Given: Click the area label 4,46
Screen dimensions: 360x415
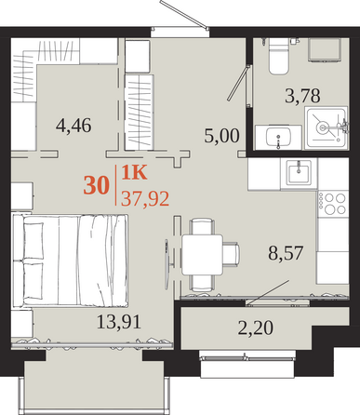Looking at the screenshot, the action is tap(73, 126).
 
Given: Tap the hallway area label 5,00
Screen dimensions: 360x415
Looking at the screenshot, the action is tap(221, 136).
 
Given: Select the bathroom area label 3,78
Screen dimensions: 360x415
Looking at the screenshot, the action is tap(302, 96).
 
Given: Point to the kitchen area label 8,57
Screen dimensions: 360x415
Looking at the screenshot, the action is tap(286, 253).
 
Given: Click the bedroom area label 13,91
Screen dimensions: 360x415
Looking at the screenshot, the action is tap(119, 321).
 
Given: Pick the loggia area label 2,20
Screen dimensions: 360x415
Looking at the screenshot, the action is tap(256, 328).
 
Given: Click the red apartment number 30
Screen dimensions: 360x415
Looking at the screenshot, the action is tap(97, 185).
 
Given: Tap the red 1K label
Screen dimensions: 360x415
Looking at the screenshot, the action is tap(134, 173).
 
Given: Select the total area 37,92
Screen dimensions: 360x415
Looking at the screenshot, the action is tap(145, 199).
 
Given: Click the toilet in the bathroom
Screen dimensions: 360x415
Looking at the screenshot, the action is tap(278, 56).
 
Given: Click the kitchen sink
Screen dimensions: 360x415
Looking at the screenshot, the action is tap(299, 171).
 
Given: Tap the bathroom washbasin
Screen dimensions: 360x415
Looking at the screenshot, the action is tap(278, 138).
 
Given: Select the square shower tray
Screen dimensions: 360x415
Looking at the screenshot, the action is tap(326, 127).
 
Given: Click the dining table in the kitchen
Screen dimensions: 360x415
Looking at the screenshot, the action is tap(202, 255).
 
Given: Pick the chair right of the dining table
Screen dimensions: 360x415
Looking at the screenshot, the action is tap(231, 254).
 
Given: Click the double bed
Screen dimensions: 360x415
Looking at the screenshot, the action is tap(70, 261).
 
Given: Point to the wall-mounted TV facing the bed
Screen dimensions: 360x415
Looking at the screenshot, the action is tap(167, 263).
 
